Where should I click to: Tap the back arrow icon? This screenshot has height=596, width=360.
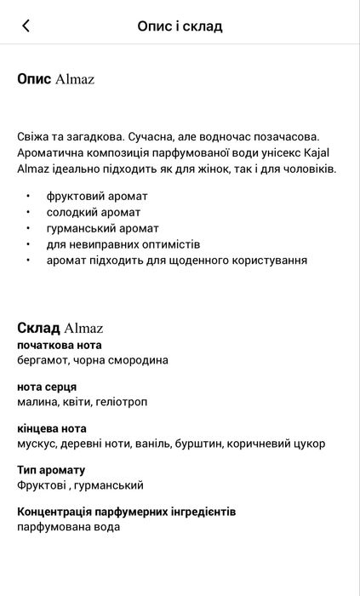coord(26,26)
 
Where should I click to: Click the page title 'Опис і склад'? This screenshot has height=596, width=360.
coord(180,26)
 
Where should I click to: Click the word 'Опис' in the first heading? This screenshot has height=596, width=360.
coord(34,79)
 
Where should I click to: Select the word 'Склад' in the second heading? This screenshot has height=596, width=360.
coord(38,328)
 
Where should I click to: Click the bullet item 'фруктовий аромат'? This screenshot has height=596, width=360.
coord(97,196)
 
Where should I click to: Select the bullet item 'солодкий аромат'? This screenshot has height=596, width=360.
coord(94,212)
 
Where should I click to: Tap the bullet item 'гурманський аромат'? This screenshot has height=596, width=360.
coord(102,228)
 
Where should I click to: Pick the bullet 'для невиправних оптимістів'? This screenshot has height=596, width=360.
coord(123,244)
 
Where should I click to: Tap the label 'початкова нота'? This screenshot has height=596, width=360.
coord(59,345)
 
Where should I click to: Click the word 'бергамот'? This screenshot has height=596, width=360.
coord(43,360)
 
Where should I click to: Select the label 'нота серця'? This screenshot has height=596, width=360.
coord(47,387)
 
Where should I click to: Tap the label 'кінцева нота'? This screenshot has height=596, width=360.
coord(52,428)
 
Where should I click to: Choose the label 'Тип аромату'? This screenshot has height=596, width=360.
coord(51,470)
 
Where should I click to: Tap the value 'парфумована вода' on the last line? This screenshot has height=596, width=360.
coord(68,527)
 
